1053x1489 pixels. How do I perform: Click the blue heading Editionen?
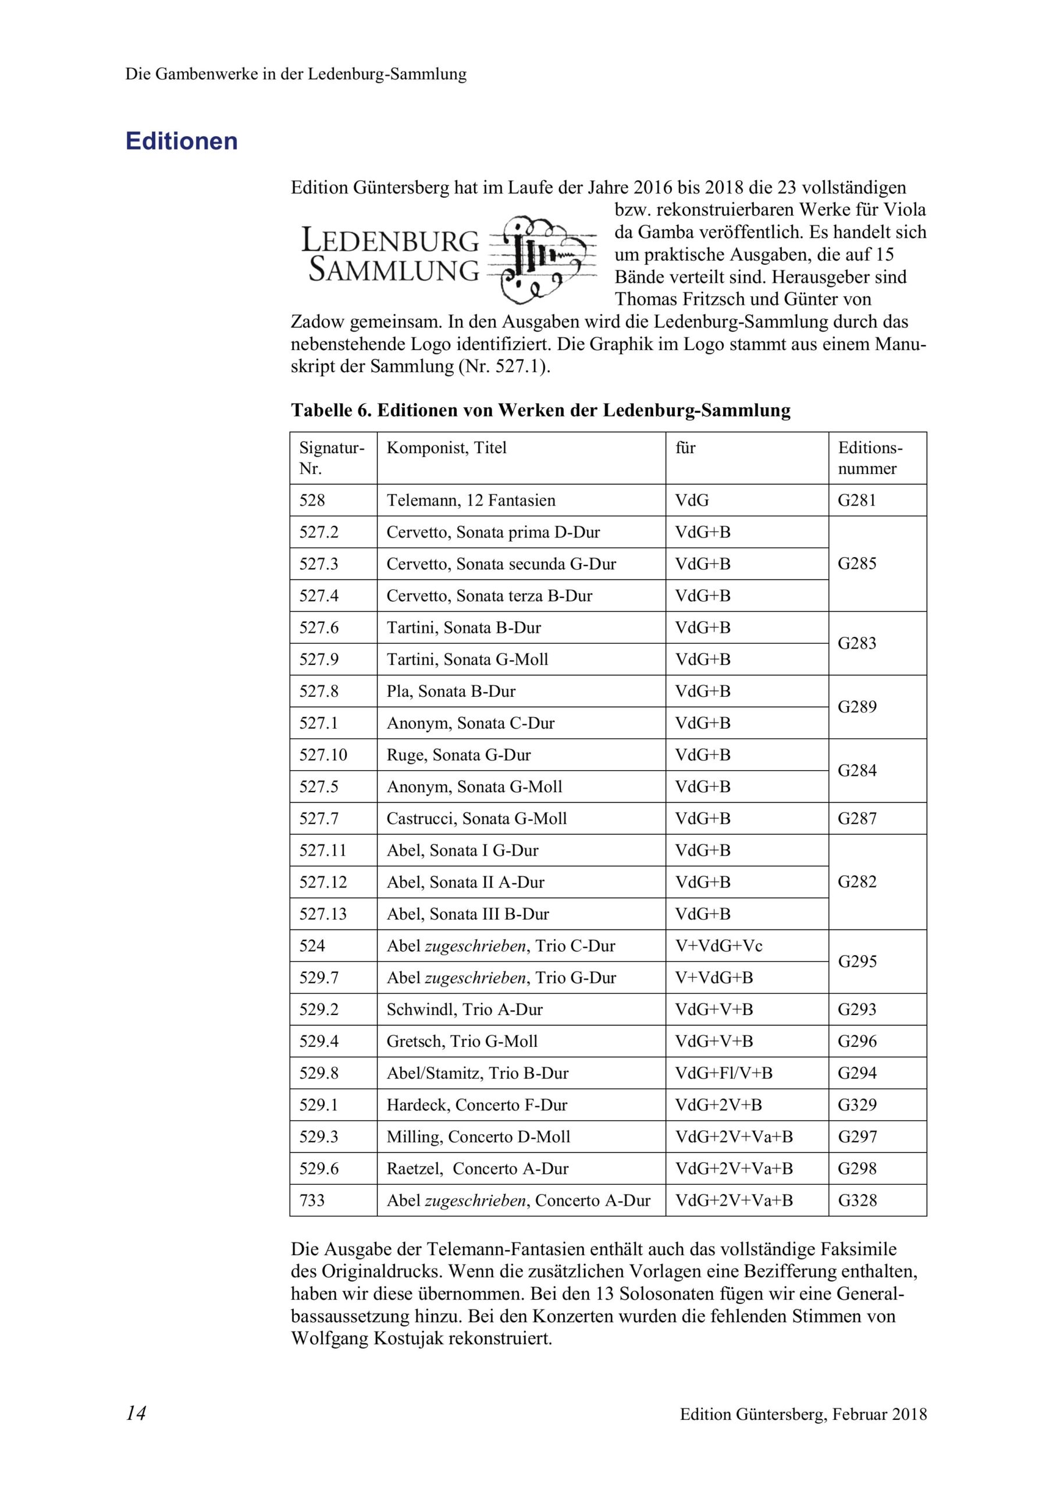click(x=182, y=141)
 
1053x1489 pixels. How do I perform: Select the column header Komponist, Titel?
click(x=446, y=448)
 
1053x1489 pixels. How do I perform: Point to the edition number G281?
click(x=856, y=501)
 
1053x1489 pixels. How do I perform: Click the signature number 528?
click(x=312, y=501)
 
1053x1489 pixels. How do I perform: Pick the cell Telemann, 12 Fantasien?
click(x=471, y=501)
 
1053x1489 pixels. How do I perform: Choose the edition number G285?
click(x=856, y=564)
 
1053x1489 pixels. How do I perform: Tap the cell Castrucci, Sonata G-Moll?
click(x=476, y=818)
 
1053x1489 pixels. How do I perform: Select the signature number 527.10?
click(x=323, y=755)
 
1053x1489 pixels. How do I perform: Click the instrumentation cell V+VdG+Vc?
click(x=719, y=946)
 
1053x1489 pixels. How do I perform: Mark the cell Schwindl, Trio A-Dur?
click(x=464, y=1009)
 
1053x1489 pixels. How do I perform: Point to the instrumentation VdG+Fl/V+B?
click(x=724, y=1073)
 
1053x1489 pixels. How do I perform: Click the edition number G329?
click(x=856, y=1105)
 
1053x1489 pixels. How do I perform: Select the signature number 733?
click(x=312, y=1200)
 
